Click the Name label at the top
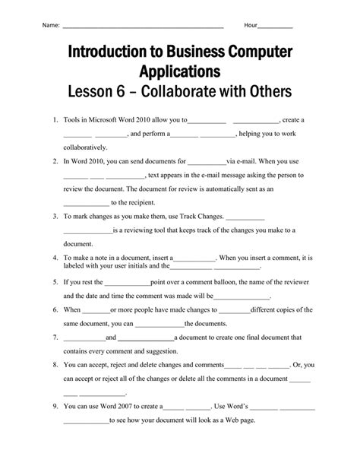click(51, 25)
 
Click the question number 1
click(56, 120)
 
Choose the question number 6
click(56, 310)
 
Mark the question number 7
click(56, 338)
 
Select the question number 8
click(56, 365)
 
